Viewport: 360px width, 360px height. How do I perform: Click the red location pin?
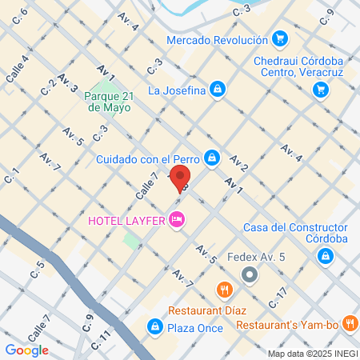[x=179, y=178]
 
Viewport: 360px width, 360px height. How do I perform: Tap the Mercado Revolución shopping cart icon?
[x=279, y=38]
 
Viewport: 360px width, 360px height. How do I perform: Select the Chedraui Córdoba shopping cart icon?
[x=321, y=90]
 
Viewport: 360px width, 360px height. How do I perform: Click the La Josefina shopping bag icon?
[x=217, y=90]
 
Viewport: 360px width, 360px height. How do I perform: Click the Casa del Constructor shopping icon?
[x=325, y=256]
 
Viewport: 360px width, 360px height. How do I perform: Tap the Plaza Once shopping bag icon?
[x=152, y=326]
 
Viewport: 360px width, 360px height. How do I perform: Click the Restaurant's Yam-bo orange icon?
[x=350, y=324]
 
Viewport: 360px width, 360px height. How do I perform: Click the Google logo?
[x=26, y=350]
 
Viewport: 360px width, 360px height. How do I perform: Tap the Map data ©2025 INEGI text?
[x=311, y=354]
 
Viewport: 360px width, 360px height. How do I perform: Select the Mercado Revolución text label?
[x=218, y=40]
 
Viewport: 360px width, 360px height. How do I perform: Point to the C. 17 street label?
[x=278, y=298]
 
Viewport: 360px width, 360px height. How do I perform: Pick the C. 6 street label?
[x=20, y=14]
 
